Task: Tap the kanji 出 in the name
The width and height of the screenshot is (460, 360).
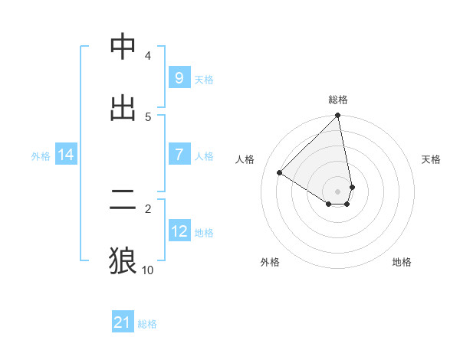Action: (123, 107)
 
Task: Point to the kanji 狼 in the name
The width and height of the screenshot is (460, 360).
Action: (123, 260)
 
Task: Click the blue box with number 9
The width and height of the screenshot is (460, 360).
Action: (179, 77)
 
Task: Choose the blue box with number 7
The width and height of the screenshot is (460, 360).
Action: (179, 155)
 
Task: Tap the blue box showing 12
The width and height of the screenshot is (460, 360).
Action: (179, 231)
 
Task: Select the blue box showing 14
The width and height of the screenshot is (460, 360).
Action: (66, 155)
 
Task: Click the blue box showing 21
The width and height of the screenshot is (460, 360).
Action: (123, 322)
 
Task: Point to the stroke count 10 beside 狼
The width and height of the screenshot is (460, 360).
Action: (147, 270)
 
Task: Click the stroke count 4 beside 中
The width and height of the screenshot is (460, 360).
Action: (148, 55)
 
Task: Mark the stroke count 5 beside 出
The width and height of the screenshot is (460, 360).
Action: (148, 116)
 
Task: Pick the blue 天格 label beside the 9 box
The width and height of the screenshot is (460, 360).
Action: (204, 79)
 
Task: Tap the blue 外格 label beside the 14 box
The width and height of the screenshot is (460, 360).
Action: (41, 155)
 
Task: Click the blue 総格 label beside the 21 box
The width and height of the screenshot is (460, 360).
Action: (147, 324)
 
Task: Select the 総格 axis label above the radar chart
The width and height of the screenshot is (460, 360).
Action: (338, 100)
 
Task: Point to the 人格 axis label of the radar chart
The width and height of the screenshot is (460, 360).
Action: (245, 159)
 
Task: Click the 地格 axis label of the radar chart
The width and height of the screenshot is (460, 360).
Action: (402, 262)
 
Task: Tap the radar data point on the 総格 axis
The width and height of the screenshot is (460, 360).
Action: (338, 116)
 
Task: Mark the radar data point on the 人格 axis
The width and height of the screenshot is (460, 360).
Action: (280, 172)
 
